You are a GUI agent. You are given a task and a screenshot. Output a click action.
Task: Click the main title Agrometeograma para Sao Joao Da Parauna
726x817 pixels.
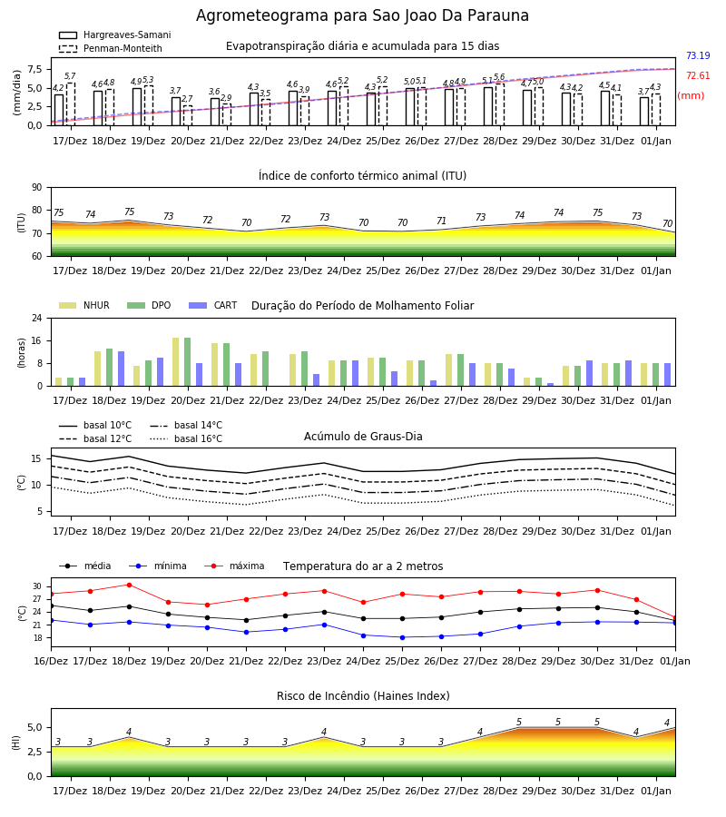(x=362, y=15)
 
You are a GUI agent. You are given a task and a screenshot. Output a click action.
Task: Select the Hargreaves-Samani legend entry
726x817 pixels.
(x=115, y=34)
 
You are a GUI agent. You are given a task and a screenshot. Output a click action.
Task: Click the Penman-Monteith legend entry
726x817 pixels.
(x=111, y=48)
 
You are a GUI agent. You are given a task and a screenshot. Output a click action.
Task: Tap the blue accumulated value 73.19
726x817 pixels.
(x=698, y=55)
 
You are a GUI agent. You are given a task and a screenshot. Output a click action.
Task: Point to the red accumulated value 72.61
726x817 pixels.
(x=698, y=75)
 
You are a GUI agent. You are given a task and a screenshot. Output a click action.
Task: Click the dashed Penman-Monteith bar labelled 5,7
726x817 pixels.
(x=70, y=104)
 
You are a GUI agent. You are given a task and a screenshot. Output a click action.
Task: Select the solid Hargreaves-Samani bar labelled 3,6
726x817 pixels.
(x=215, y=112)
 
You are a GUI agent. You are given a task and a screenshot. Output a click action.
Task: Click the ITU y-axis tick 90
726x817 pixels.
(x=37, y=188)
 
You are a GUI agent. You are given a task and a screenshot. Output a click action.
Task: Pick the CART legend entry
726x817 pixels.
(x=213, y=305)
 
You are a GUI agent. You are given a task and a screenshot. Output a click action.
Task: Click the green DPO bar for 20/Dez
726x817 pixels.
(x=188, y=362)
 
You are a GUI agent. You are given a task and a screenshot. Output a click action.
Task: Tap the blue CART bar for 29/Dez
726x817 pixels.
(x=551, y=385)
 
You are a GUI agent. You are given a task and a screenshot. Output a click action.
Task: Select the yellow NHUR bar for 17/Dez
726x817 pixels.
(x=59, y=382)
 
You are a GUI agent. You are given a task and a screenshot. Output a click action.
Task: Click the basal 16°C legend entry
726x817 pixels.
(x=186, y=438)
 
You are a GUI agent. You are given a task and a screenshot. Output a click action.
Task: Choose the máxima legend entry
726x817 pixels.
(x=234, y=566)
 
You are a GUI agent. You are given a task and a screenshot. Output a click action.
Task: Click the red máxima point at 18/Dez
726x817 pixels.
(x=129, y=585)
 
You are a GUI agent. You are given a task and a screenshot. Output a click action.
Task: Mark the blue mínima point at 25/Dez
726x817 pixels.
(x=403, y=637)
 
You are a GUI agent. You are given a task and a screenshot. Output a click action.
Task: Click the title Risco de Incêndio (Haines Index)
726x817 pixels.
(x=363, y=696)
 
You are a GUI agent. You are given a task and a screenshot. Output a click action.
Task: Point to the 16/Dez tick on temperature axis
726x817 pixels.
(x=51, y=661)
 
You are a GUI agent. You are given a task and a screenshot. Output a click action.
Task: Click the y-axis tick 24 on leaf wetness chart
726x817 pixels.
(x=37, y=318)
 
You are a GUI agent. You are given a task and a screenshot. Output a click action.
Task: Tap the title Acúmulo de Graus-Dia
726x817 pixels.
(x=363, y=437)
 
